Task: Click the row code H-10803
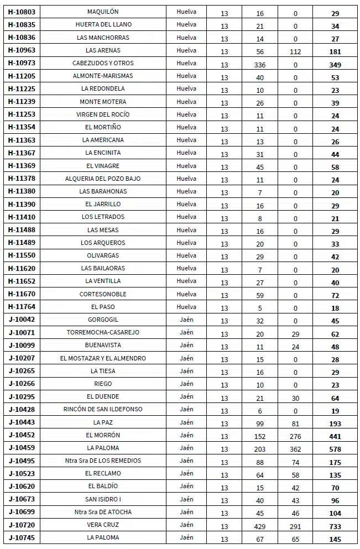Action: click(22, 12)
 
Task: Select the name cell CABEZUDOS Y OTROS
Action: click(103, 63)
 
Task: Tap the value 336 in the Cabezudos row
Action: click(259, 65)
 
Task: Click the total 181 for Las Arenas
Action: click(335, 52)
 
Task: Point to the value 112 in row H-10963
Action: click(295, 52)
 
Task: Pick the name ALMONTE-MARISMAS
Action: click(103, 76)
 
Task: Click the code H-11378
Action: click(22, 179)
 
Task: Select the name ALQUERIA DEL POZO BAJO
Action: click(103, 179)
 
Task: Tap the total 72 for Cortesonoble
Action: click(335, 295)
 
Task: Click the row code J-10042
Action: click(22, 320)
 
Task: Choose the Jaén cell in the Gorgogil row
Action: click(186, 320)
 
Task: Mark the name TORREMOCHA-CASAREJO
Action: click(103, 332)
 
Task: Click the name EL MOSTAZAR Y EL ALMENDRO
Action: click(103, 358)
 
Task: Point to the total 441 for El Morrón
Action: click(335, 436)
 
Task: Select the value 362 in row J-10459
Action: click(295, 449)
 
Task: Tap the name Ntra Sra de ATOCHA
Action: click(103, 512)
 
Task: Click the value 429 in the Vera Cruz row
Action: click(259, 526)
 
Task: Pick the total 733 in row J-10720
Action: click(335, 526)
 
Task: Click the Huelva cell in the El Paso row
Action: click(186, 307)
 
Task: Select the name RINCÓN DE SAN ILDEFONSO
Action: click(103, 409)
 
